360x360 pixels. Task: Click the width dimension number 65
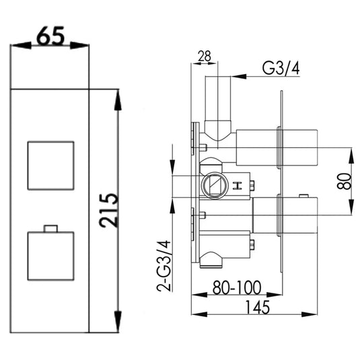coord(50,36)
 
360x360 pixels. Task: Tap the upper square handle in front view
coord(50,166)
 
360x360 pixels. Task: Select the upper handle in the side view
coord(268,147)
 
